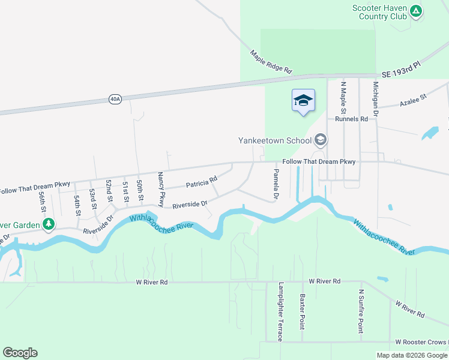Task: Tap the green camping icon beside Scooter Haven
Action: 415,11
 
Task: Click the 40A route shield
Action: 115,99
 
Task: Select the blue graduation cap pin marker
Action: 303,100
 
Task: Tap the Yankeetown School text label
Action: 275,140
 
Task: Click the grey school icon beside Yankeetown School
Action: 321,140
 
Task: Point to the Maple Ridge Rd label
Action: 271,62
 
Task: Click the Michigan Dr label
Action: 376,100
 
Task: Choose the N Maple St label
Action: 343,98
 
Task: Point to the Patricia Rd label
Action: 201,183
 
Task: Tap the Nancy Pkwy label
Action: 161,189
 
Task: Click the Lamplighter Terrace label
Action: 280,312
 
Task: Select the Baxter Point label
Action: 303,311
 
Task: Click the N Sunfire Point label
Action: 361,311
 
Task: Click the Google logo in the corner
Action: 20,353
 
